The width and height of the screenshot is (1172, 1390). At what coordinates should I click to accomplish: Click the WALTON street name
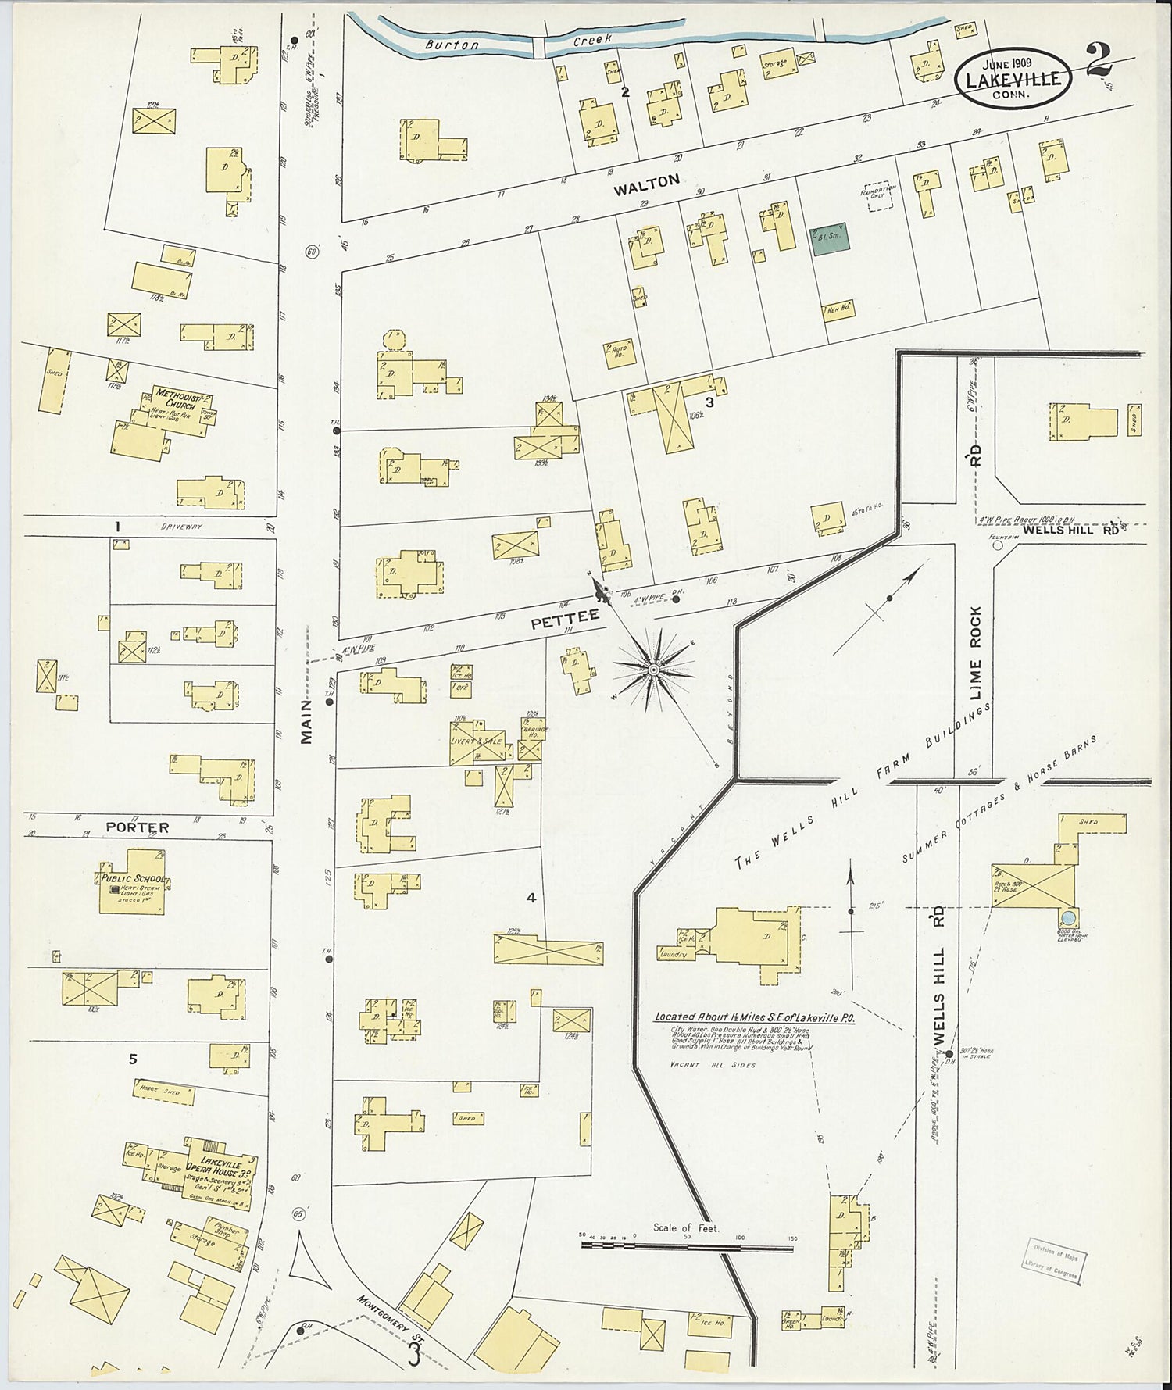pos(645,180)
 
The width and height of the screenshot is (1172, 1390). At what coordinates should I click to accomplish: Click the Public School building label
pos(131,880)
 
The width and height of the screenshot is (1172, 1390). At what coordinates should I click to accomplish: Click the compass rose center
pos(652,670)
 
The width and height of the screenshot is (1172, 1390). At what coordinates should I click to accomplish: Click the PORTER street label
pos(138,826)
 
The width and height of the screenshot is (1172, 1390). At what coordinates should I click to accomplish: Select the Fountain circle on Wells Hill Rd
pos(997,546)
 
